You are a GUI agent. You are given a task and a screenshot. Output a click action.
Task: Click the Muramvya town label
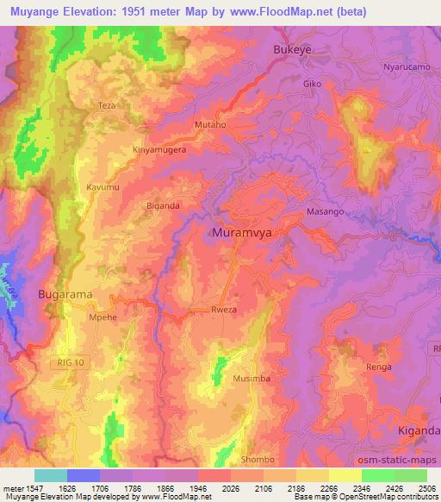coord(242,232)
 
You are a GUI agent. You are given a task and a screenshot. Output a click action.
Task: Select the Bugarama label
coord(65,294)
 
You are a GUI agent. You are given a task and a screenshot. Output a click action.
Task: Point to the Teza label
coord(107,105)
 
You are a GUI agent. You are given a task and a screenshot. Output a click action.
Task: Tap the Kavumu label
coord(103,186)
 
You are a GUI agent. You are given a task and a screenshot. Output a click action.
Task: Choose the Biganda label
coord(163,206)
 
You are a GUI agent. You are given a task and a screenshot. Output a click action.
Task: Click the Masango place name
coord(326,211)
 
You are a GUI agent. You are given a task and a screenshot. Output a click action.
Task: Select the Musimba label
coord(251,379)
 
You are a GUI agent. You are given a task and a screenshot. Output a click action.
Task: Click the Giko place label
coord(312,85)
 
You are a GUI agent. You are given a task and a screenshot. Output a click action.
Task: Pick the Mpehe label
coord(102,317)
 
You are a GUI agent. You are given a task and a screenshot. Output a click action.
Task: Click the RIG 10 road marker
coord(72,361)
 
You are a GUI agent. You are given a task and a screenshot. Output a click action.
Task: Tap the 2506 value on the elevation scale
coord(426,488)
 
